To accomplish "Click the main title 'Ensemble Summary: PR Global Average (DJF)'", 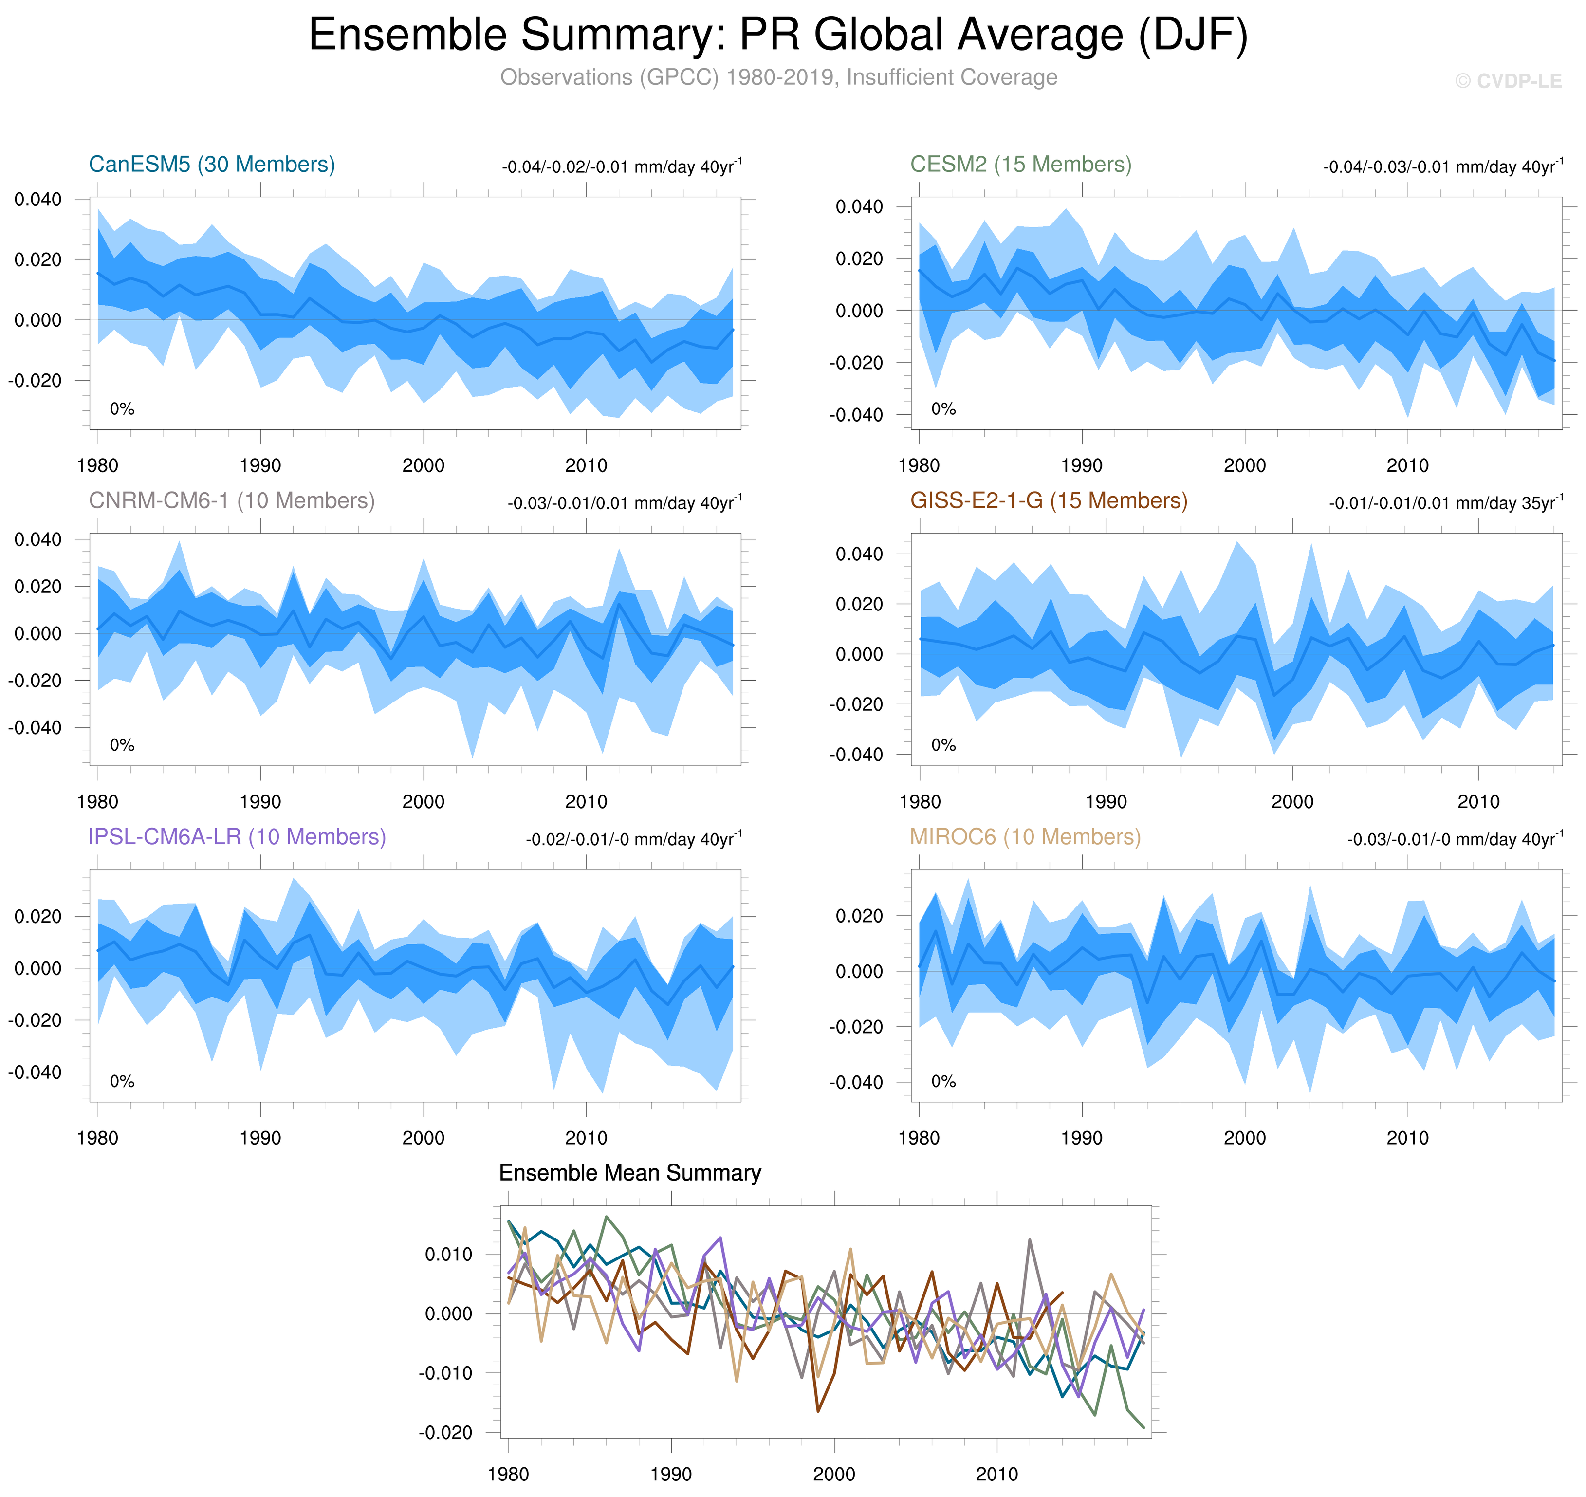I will tap(778, 35).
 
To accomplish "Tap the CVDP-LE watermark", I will tap(1508, 81).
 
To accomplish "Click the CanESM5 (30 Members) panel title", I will tap(211, 165).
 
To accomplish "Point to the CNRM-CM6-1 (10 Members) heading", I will tap(231, 500).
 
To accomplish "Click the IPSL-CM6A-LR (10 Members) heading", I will tap(237, 836).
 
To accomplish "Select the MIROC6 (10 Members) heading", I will tap(1025, 836).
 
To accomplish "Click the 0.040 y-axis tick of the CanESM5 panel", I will tap(37, 199).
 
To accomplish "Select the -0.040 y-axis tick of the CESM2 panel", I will tap(856, 415).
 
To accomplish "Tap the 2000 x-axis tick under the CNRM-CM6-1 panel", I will tap(423, 802).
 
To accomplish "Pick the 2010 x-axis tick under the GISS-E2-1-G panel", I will tap(1478, 802).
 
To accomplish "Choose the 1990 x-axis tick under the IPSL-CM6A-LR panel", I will tap(260, 1138).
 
